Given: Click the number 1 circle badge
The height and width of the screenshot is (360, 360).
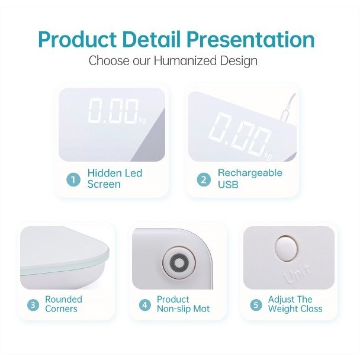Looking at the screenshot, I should click(x=73, y=179).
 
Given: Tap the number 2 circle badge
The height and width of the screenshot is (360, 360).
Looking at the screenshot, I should click(x=204, y=179).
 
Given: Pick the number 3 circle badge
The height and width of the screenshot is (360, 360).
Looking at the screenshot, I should click(x=33, y=305).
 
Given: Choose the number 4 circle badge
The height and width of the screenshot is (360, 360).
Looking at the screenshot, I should click(x=145, y=305).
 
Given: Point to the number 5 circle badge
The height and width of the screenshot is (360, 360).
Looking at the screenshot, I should click(x=256, y=305).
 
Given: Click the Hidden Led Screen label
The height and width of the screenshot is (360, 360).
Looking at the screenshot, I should click(x=115, y=179).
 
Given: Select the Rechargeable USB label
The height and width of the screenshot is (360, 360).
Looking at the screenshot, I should click(x=250, y=179).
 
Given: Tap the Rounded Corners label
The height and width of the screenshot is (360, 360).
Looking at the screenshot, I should click(x=63, y=304).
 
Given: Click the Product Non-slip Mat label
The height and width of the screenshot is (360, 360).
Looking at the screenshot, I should click(x=183, y=304).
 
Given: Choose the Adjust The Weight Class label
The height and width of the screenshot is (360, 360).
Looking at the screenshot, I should click(x=295, y=304).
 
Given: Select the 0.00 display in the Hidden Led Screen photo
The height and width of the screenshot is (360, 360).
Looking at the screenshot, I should click(x=112, y=112).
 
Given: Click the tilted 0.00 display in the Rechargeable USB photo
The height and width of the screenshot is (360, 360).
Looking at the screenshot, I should click(x=243, y=134).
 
